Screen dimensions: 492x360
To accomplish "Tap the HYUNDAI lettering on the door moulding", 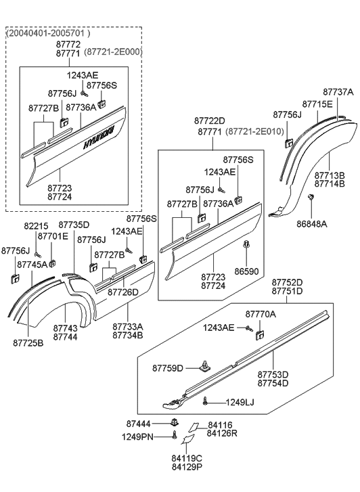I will click(100, 135).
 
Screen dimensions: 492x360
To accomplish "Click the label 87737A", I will click(338, 91).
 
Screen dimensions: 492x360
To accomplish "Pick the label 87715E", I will click(317, 104).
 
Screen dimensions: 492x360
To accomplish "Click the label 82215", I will click(37, 226).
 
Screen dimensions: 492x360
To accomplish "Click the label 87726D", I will click(125, 292).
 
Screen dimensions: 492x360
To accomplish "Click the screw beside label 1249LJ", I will click(205, 402).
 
